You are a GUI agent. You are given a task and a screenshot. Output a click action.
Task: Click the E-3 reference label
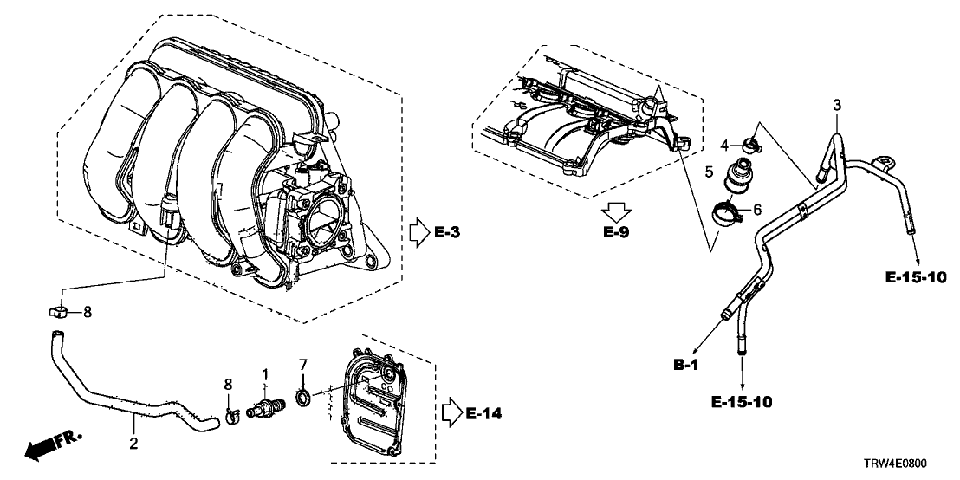[x=448, y=232]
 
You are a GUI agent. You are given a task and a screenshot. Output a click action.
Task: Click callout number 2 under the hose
[x=133, y=444]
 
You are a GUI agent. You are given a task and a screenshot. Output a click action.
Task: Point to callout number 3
[x=836, y=105]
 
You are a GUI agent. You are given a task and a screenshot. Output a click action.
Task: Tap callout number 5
[x=709, y=172]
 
